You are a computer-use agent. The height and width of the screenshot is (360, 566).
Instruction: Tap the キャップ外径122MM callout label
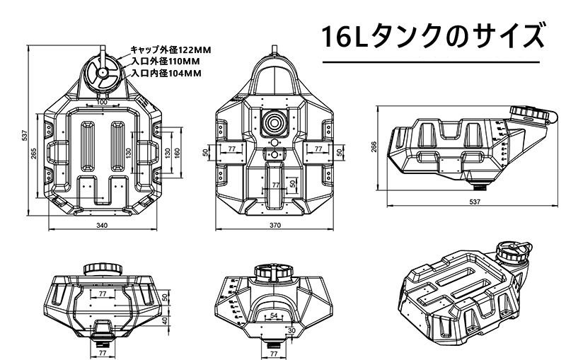tap(171, 50)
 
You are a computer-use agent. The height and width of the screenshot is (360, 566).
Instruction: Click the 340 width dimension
tap(101, 226)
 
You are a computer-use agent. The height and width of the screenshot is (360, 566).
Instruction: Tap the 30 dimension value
tap(291, 330)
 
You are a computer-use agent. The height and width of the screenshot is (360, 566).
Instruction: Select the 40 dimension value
tap(165, 320)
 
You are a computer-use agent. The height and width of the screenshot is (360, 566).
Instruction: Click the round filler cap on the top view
tap(102, 73)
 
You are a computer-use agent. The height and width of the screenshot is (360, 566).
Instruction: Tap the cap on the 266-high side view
tap(528, 113)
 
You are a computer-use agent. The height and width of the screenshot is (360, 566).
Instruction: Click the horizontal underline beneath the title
tap(434, 63)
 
